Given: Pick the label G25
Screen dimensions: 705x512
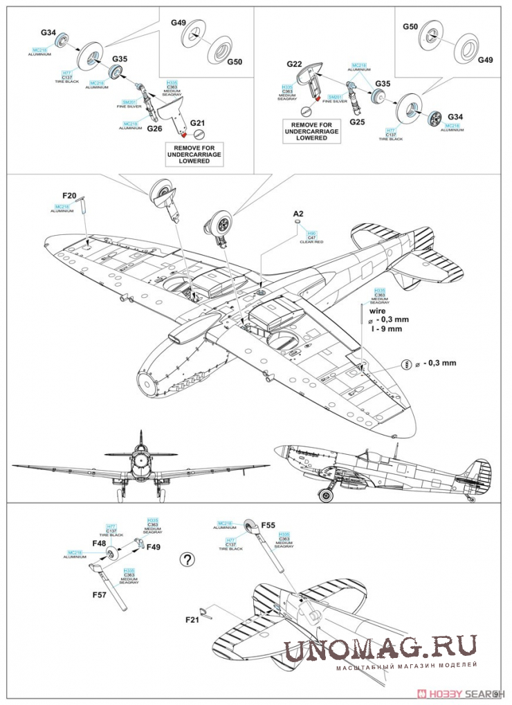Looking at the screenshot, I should point(357,122).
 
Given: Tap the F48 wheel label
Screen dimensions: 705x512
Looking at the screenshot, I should point(98,543).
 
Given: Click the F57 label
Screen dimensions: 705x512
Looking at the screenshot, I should point(101,593).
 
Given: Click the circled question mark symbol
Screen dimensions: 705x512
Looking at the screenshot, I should point(186,559).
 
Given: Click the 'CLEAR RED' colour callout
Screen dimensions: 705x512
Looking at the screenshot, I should point(311,242).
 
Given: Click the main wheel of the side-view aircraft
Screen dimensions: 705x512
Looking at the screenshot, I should point(324,493).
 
